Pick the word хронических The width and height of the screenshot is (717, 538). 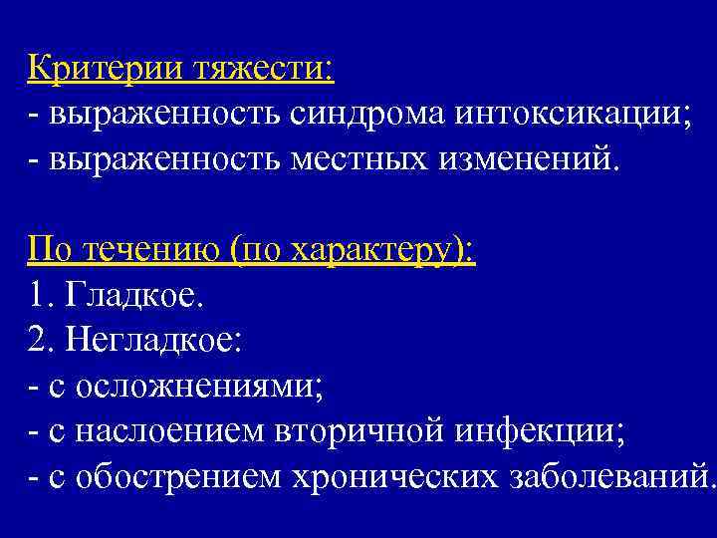(392, 477)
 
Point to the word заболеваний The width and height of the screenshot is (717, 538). (606, 476)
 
